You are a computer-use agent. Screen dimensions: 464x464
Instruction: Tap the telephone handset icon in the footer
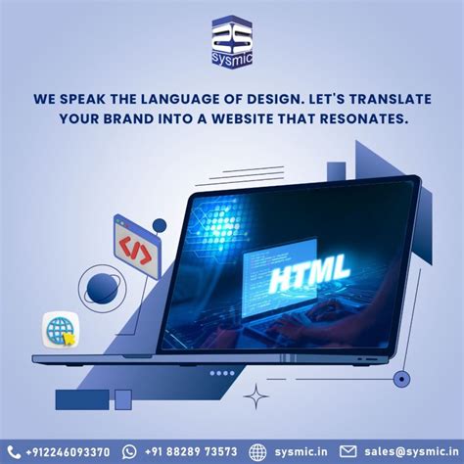pyautogui.click(x=15, y=451)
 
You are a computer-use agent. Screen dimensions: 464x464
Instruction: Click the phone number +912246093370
pyautogui.click(x=68, y=451)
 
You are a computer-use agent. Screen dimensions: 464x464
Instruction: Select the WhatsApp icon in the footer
pyautogui.click(x=130, y=451)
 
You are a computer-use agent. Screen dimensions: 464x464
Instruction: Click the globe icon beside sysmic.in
pyautogui.click(x=257, y=451)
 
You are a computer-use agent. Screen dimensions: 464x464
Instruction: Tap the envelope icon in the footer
pyautogui.click(x=348, y=451)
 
